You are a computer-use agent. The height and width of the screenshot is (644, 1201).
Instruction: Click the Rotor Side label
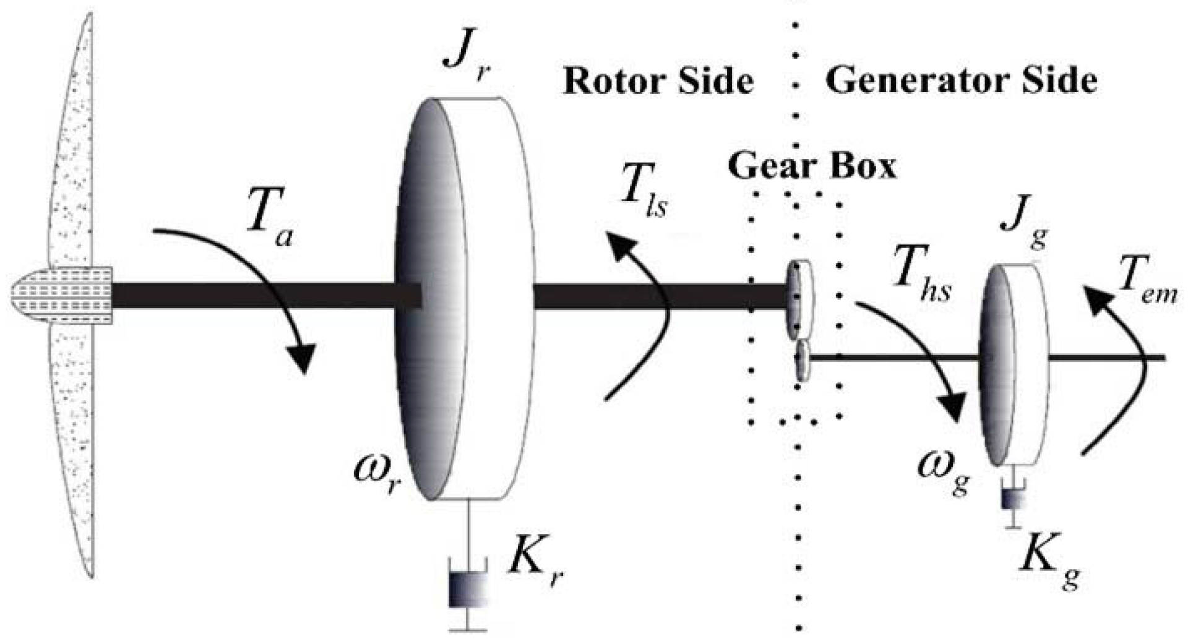click(x=658, y=81)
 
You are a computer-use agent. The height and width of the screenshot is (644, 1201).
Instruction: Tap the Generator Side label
click(x=961, y=81)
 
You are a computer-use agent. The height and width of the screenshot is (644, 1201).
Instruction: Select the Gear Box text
click(x=811, y=166)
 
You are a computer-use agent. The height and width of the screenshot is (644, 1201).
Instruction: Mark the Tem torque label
click(x=1147, y=287)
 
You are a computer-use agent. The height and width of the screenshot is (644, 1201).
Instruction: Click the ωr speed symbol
click(x=377, y=473)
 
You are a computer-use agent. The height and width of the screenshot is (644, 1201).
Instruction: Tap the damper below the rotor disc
click(x=468, y=590)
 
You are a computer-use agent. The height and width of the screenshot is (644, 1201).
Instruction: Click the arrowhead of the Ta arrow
click(x=303, y=358)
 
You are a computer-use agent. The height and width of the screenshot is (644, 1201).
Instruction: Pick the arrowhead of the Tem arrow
click(x=1097, y=299)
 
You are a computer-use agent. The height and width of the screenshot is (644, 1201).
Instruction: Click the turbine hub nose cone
click(x=61, y=296)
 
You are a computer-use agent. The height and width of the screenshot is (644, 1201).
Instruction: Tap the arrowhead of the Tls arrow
click(x=621, y=246)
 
